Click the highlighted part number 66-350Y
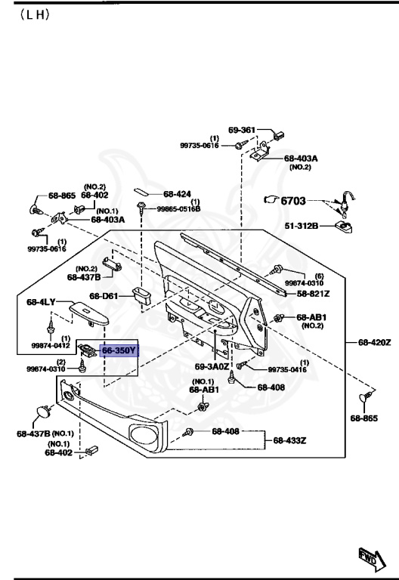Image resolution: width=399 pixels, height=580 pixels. pos(119,350)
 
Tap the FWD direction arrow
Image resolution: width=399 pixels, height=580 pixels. pos(372,559)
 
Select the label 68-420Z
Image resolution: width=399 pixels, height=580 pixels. pos(374,342)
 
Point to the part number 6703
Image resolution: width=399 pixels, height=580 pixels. pos(293,201)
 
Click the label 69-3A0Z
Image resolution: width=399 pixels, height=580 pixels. pos(212,366)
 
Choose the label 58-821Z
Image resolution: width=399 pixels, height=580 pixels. pos(313,294)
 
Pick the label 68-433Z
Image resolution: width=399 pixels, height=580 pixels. pos(289,440)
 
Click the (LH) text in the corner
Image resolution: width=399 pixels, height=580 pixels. pos(35,15)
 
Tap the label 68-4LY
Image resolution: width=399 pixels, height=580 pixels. pos(41,302)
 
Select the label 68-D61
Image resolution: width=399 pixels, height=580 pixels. pos(104,296)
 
